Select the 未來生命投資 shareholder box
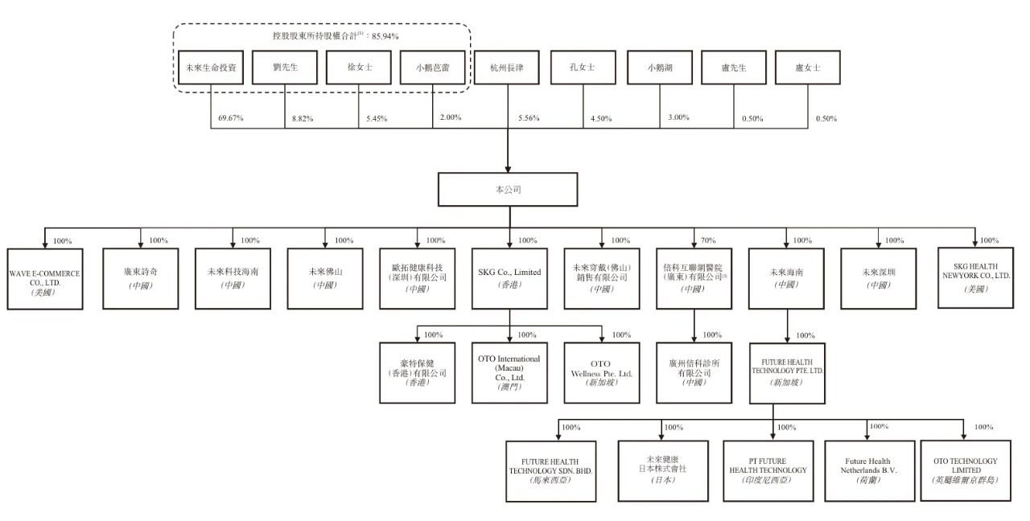click(210, 68)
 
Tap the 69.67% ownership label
click(231, 118)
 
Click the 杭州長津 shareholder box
click(508, 68)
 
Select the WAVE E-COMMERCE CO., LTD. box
click(44, 279)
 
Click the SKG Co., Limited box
click(509, 278)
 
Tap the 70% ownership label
click(708, 240)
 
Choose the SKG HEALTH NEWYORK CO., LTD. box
click(975, 278)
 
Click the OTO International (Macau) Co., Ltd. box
click(509, 372)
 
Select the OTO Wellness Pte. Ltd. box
click(602, 372)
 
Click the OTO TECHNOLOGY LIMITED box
click(965, 470)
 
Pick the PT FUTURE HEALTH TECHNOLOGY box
click(772, 470)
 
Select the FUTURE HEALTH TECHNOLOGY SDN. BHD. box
click(550, 470)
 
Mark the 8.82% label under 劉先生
click(302, 119)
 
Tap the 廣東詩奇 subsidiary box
click(140, 278)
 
